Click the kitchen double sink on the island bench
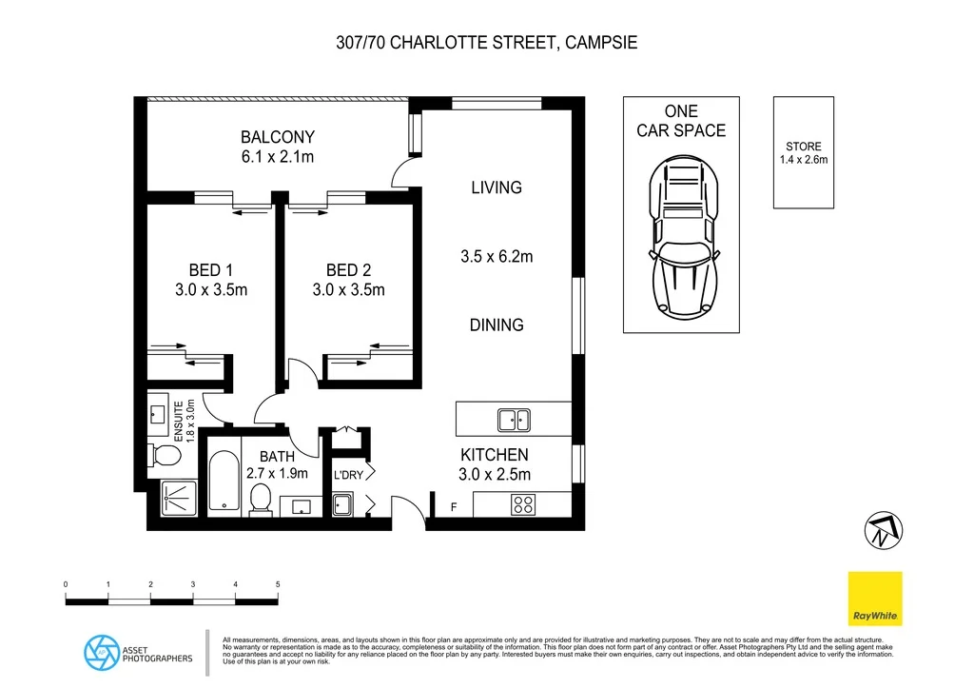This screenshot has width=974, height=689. pos(515,419)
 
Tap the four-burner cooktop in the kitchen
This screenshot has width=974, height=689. pos(522,504)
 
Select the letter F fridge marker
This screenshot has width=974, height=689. pos(454,507)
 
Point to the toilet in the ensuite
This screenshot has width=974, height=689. pos(166,455)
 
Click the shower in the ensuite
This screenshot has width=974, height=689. pos(178,495)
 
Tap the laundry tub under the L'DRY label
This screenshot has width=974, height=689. pos(342,503)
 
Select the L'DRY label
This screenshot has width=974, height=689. pos(344,473)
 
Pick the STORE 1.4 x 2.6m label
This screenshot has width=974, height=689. pos(804,153)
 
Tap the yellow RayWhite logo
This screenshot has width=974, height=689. pos(875,599)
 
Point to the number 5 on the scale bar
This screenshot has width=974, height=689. pos(278,583)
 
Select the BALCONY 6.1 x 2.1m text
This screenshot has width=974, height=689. pos(277,147)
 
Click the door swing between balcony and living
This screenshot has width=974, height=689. pos(406,174)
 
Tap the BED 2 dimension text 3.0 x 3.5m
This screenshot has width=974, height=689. pos(348,290)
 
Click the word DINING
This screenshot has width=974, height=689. pos(497,325)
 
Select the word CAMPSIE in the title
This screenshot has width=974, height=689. pos(599,43)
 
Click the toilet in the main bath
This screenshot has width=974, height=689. pos(261,499)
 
